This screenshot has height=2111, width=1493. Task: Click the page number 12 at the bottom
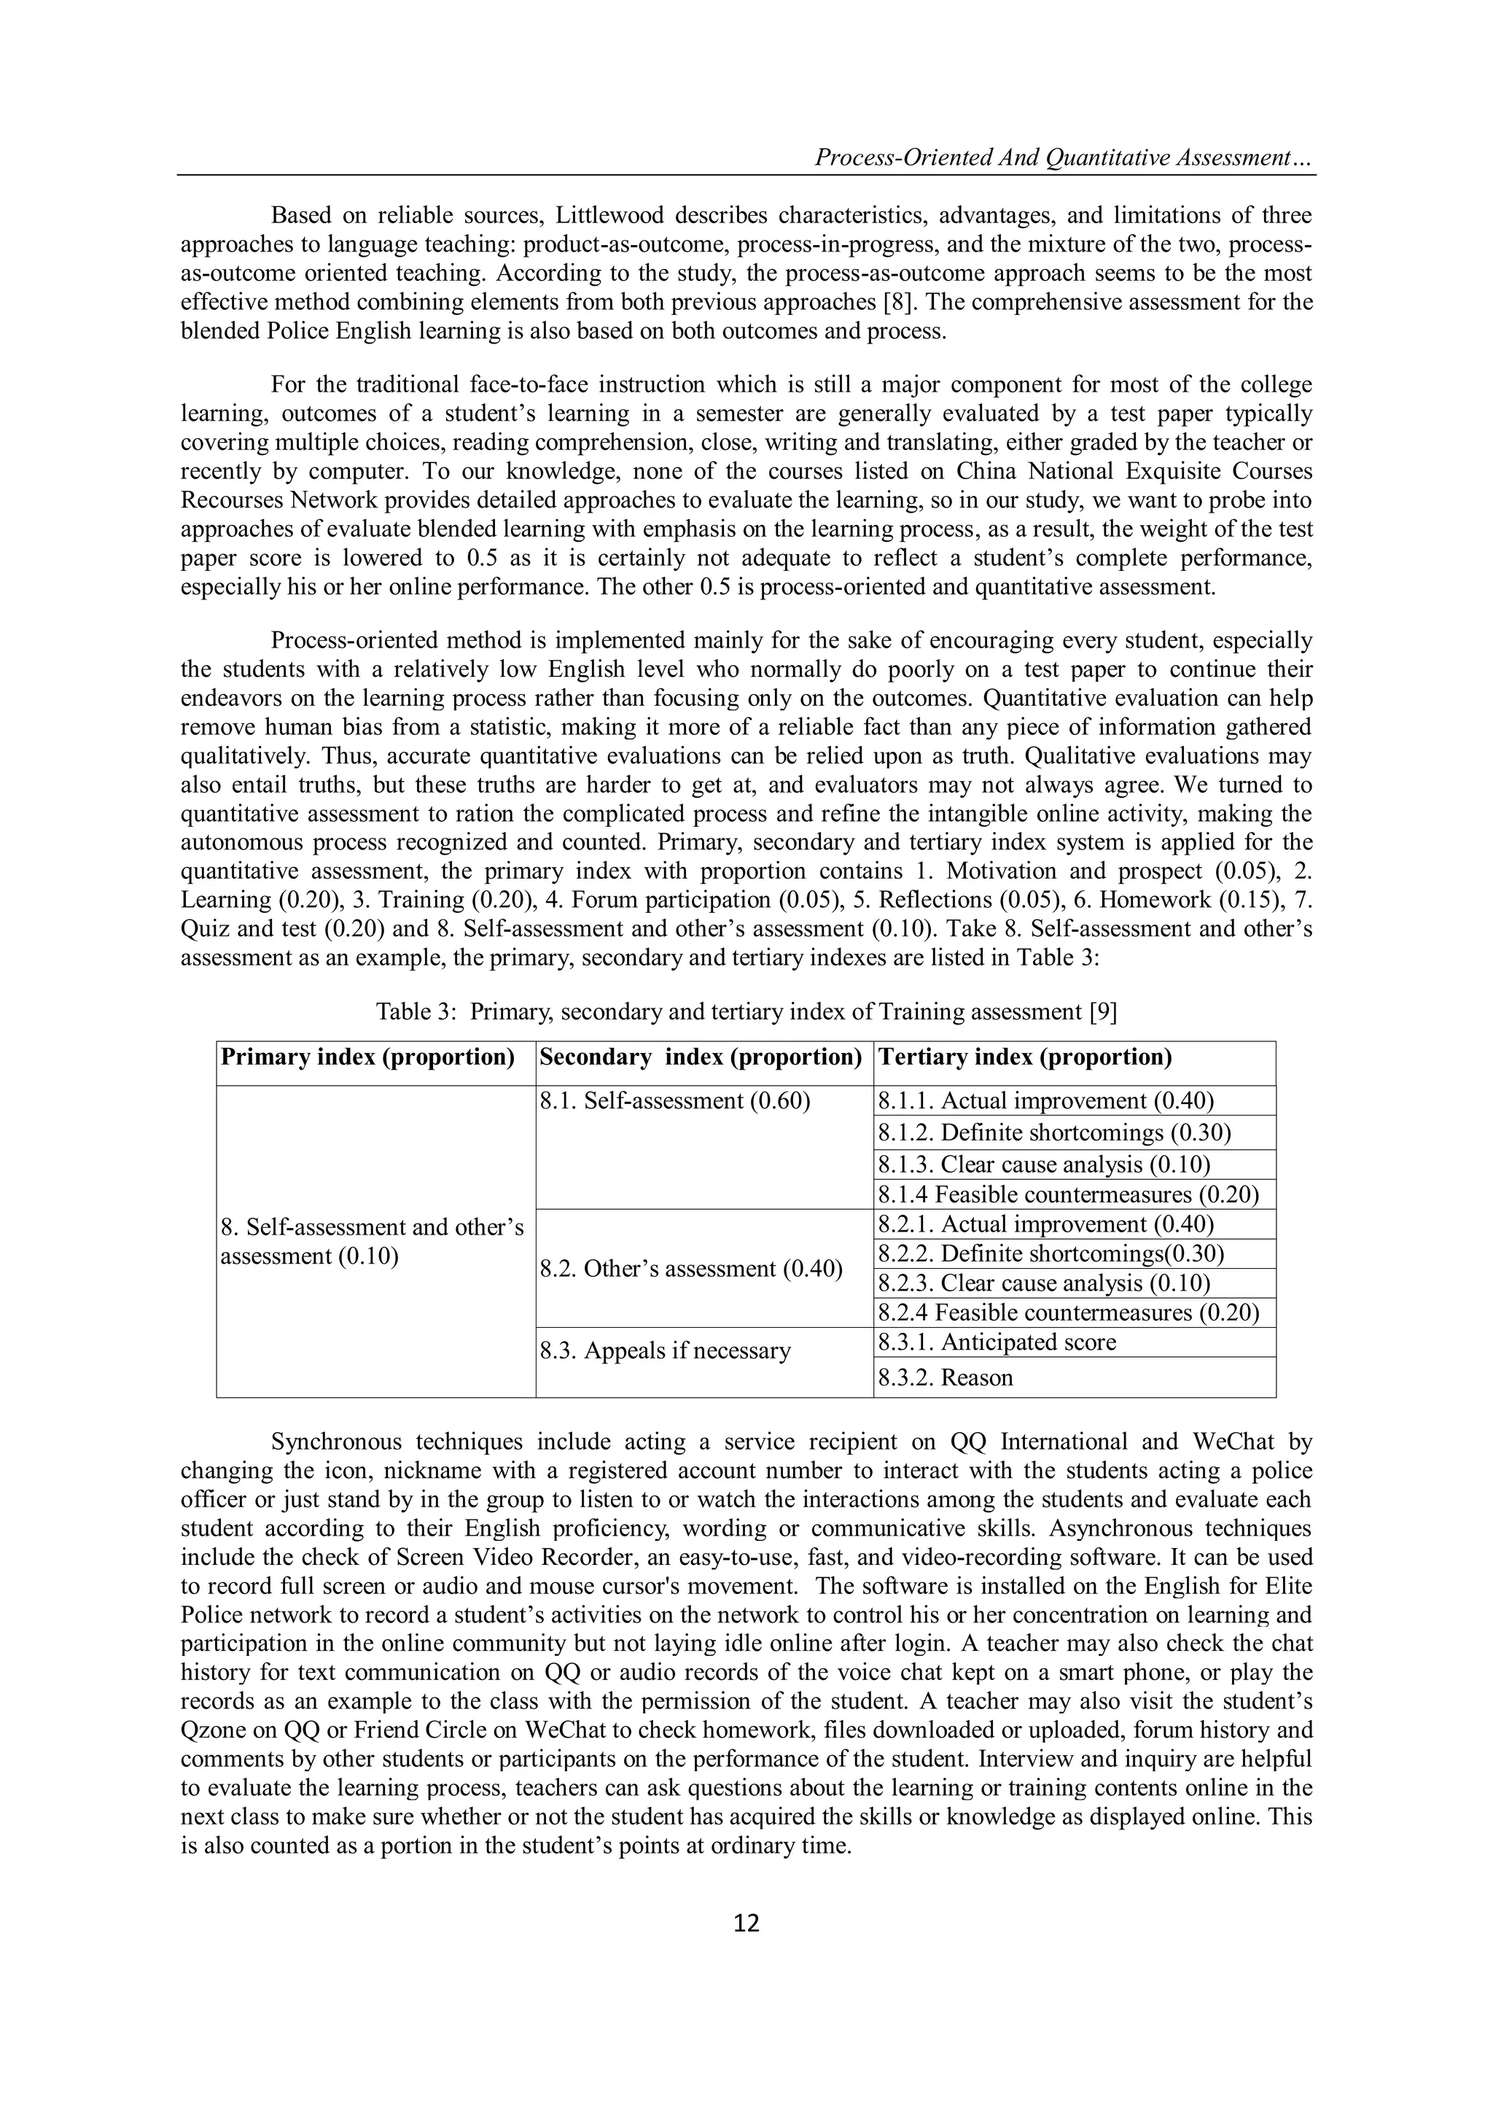tap(746, 1923)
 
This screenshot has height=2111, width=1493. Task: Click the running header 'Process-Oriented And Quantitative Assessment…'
tap(1064, 158)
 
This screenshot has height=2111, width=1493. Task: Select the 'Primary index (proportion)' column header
tap(367, 1057)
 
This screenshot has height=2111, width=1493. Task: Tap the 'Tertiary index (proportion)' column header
tap(1025, 1057)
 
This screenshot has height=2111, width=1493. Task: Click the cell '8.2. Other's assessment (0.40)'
tap(690, 1269)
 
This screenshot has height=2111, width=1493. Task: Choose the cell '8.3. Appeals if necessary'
tap(665, 1350)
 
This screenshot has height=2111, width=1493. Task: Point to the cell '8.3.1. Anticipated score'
tap(997, 1342)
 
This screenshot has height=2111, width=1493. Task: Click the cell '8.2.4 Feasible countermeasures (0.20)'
tap(1067, 1312)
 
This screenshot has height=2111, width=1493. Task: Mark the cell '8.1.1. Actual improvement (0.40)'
tap(1045, 1100)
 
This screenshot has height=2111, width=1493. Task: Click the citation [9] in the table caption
tap(1102, 1012)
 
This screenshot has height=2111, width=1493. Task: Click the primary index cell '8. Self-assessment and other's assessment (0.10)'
tap(373, 1241)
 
